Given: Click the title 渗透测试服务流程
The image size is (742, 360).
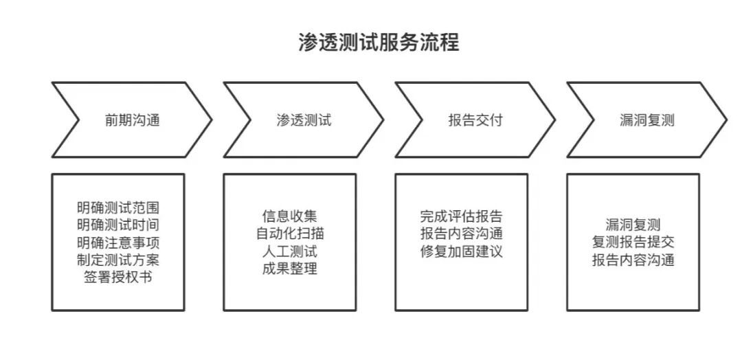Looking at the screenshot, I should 379,43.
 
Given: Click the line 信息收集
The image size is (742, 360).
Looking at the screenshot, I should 289,216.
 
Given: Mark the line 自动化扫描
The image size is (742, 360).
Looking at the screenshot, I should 289,234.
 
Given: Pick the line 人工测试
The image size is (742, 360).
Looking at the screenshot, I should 289,251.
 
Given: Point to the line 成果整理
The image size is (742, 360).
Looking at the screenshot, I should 289,269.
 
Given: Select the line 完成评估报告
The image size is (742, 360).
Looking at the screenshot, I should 461,216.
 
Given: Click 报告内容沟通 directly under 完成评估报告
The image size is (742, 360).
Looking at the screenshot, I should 461,234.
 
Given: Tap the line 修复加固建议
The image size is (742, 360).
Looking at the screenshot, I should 461,251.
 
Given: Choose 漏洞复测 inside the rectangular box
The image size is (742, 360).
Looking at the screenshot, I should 633,225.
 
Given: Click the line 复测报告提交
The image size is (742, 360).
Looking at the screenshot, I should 633,243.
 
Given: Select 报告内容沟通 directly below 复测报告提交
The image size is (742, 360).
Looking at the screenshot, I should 633,260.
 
